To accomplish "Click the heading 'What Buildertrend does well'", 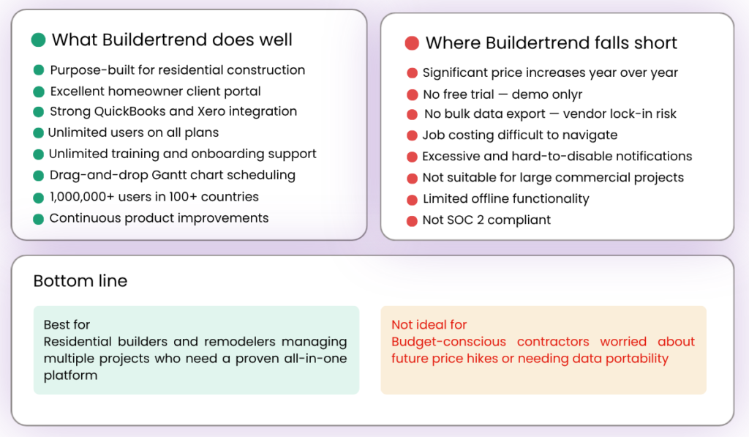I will coord(172,40).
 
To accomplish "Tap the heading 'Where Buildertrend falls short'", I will coord(551,43).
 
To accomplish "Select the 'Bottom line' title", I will coord(80,281).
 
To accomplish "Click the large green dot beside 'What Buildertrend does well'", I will coord(39,40).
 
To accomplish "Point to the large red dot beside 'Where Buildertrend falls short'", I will coord(412,43).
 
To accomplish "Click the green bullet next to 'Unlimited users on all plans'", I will coord(39,133).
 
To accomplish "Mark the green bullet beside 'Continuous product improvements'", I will coord(39,219).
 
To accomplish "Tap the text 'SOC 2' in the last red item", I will coord(465,220).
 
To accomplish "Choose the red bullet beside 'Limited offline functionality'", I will coord(413,199).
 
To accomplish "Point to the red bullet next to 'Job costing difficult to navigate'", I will coord(413,135).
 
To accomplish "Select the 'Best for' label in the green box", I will coord(67,324).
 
